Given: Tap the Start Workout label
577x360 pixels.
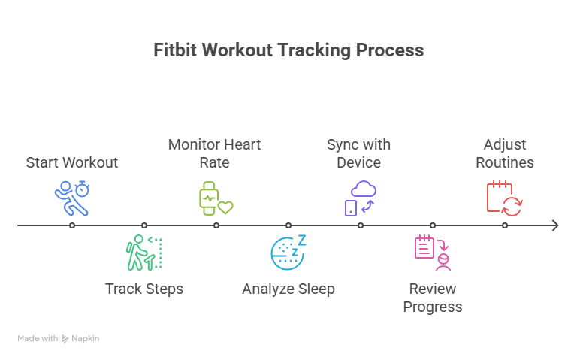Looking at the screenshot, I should point(72,162).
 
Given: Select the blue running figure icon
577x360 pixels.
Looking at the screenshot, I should point(72,198).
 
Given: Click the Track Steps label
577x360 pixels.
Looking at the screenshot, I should point(144,289).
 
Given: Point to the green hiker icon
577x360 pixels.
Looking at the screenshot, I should point(143,253).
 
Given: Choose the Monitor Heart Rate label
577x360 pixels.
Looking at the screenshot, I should point(215,153).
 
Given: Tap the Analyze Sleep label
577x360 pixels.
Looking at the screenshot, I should point(288,289).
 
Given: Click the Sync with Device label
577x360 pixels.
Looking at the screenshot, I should point(359,153).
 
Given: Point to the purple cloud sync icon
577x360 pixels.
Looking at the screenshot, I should point(360,198).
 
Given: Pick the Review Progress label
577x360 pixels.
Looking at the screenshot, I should point(433,298).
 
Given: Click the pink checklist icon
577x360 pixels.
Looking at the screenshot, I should point(432,252).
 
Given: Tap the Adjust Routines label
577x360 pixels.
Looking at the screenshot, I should point(505,153).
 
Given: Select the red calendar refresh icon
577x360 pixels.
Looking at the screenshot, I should point(504,198).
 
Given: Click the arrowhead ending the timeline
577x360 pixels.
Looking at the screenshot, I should point(554,225).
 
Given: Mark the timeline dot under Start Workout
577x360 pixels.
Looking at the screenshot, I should point(72,225).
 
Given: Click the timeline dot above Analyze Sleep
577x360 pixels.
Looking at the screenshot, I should point(288,225).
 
